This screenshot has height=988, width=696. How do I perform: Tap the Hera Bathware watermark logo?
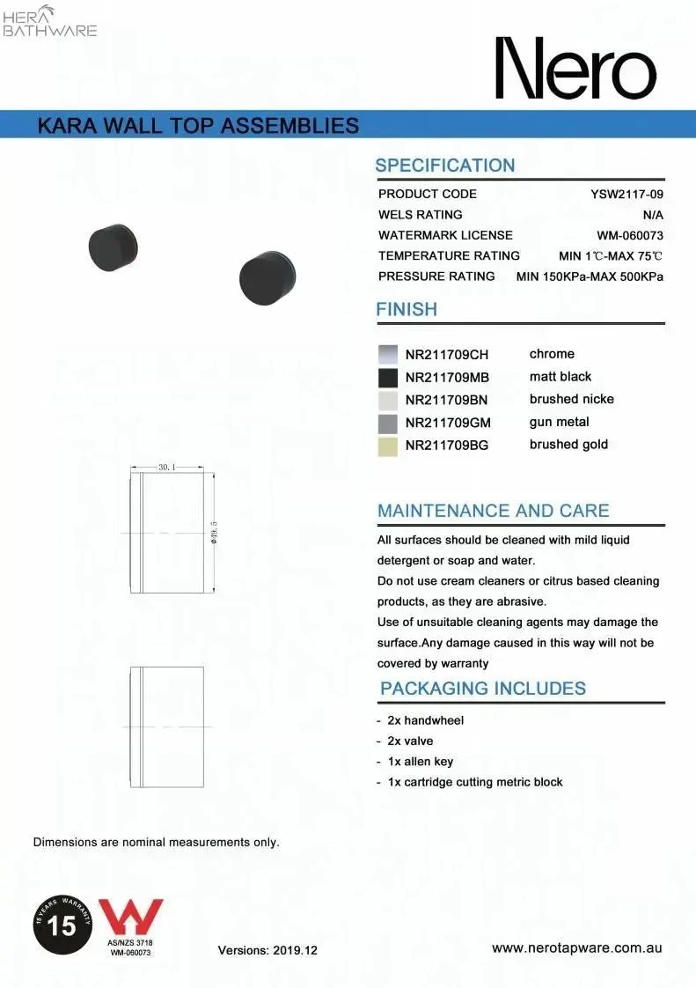[x=50, y=21]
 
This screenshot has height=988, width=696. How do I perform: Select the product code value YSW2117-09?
[x=626, y=194]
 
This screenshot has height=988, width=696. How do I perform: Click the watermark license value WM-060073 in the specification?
[x=629, y=235]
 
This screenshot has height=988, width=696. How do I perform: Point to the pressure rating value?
[x=589, y=276]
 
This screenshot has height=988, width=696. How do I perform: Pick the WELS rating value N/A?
[x=653, y=215]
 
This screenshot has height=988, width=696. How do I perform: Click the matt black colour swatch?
[x=388, y=378]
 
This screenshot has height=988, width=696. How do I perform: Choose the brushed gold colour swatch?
[x=388, y=446]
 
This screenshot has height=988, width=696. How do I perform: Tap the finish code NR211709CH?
[x=446, y=355]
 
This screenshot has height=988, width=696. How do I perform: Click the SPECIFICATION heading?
[x=444, y=166]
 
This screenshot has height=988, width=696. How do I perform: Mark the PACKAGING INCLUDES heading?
[x=482, y=689]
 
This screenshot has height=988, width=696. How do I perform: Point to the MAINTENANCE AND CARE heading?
[x=493, y=511]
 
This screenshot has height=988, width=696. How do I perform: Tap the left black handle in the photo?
[x=114, y=247]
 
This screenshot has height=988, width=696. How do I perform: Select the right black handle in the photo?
[x=267, y=277]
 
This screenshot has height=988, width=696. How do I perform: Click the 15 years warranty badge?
[x=63, y=926]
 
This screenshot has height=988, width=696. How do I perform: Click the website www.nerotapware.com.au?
[x=576, y=948]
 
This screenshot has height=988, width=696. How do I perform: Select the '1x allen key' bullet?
[x=420, y=762]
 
